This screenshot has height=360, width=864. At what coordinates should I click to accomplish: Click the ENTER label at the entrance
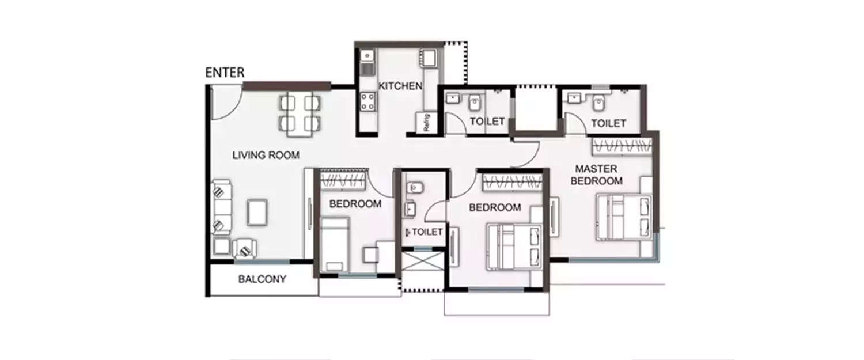coord(225,73)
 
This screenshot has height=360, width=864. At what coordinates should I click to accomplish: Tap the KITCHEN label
coord(400,86)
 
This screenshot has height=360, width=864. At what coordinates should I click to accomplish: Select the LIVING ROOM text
coord(266,155)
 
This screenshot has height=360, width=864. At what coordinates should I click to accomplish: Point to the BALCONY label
coord(262,279)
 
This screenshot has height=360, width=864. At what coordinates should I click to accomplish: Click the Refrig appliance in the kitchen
coord(426,123)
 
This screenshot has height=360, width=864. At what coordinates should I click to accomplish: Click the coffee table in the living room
coord(257,212)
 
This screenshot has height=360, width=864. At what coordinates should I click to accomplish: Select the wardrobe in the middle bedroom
coord(511,182)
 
